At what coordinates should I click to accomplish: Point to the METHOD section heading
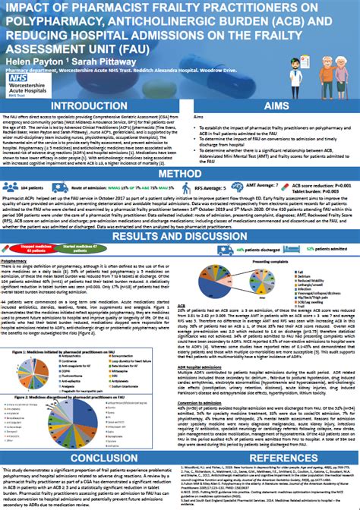click(x=179, y=174)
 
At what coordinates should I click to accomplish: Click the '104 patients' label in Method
click(x=31, y=185)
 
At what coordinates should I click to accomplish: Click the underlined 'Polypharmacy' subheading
click(x=16, y=260)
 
